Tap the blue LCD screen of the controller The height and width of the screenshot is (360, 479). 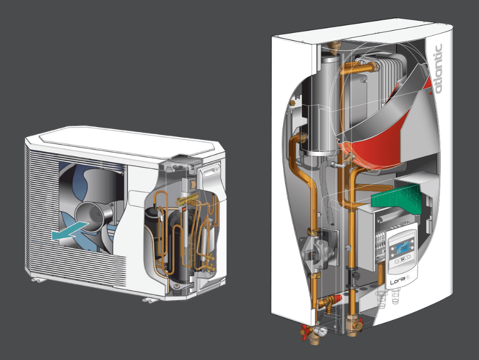pos(402,247)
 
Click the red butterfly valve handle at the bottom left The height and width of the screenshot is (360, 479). pos(306,331)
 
